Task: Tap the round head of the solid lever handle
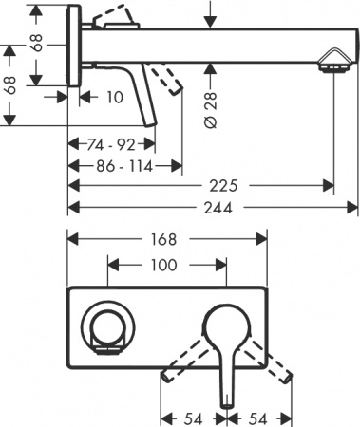pyautogui.click(x=225, y=324)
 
